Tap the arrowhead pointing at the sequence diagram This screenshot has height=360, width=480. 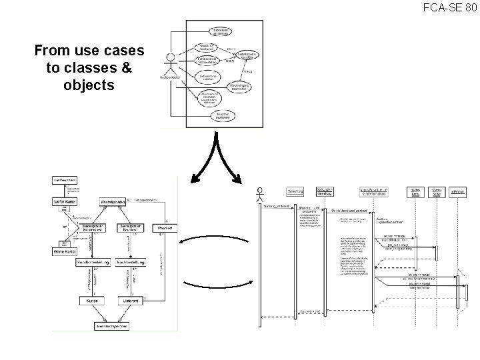(239, 177)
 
